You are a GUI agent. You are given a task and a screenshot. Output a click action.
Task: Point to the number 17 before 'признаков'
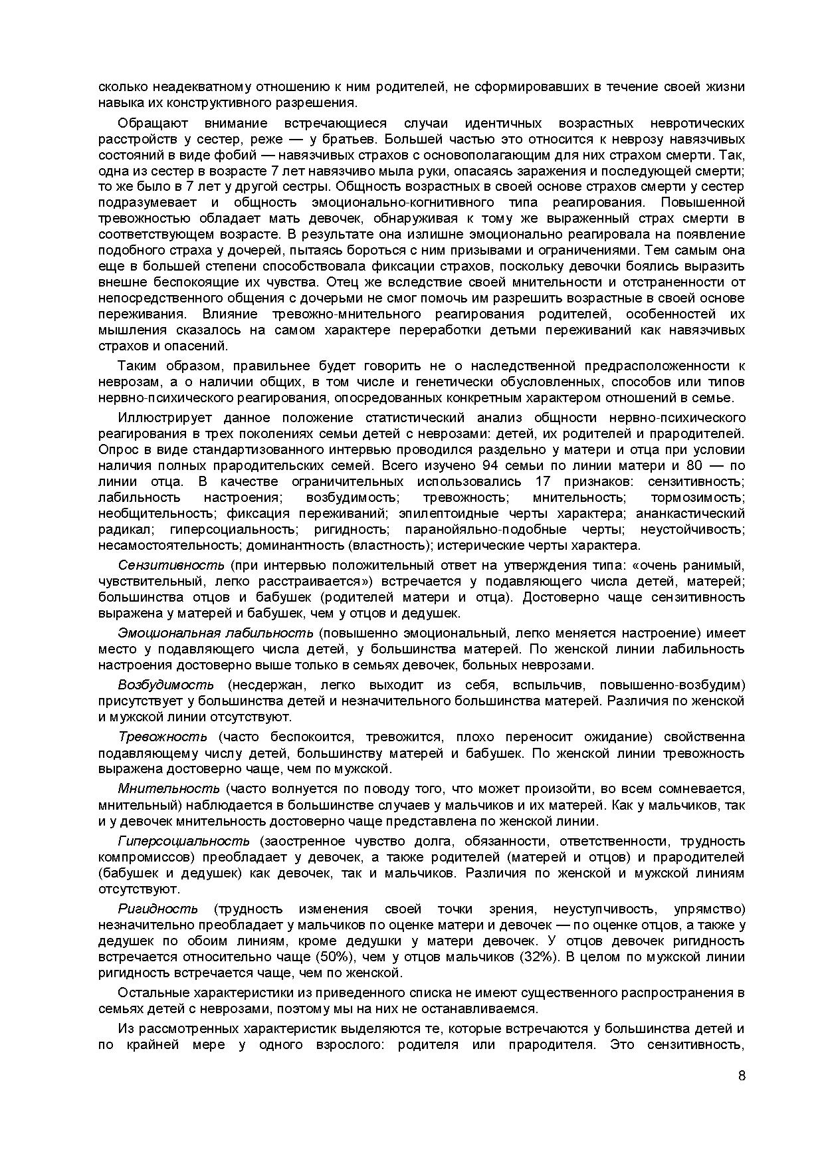pos(544,481)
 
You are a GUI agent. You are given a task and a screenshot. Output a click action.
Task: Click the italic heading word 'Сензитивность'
pos(171,565)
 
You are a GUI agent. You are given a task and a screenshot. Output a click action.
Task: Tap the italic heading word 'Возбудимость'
pos(165,685)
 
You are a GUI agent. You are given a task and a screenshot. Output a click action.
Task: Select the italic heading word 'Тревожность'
pos(163,737)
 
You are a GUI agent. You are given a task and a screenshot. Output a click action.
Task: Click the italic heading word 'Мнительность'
pos(169,788)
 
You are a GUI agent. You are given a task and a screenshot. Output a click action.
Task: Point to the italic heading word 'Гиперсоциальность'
pos(184,840)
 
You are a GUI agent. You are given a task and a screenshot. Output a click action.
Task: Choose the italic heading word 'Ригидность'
pos(157,909)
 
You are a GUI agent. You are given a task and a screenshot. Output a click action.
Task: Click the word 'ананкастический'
pos(690,513)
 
